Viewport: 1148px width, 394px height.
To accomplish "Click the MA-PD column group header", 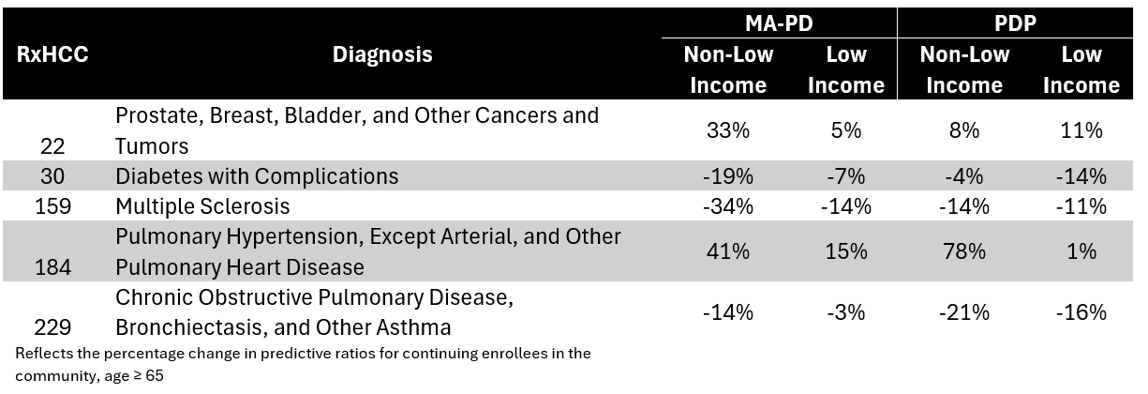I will pos(779,23).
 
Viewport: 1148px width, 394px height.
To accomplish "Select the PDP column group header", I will pos(1016,23).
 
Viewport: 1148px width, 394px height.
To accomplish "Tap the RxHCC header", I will pos(53,54).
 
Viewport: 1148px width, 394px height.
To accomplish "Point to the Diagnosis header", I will pos(382,54).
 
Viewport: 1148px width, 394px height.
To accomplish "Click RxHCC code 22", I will pos(53,146).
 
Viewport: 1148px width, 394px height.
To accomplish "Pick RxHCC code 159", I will pos(53,205).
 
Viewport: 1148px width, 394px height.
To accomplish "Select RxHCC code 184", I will pos(53,267).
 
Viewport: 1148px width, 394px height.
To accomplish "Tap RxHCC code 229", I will pos(53,328).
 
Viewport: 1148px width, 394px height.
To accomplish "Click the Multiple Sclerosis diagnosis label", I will pos(202,205).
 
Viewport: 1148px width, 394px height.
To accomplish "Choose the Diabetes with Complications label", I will pos(257,176).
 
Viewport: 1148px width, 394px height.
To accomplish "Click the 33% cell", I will pos(728,130).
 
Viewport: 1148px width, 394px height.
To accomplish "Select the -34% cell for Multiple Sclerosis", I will pos(728,205).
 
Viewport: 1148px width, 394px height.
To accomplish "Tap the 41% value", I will pos(728,251).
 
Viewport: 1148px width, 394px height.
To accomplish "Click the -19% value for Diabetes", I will pos(728,176).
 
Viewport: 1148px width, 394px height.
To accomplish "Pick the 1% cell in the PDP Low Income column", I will pos(1081,251).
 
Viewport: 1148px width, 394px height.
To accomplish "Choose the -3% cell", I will pos(845,312).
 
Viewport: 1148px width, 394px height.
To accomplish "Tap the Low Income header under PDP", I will pos(1081,69).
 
